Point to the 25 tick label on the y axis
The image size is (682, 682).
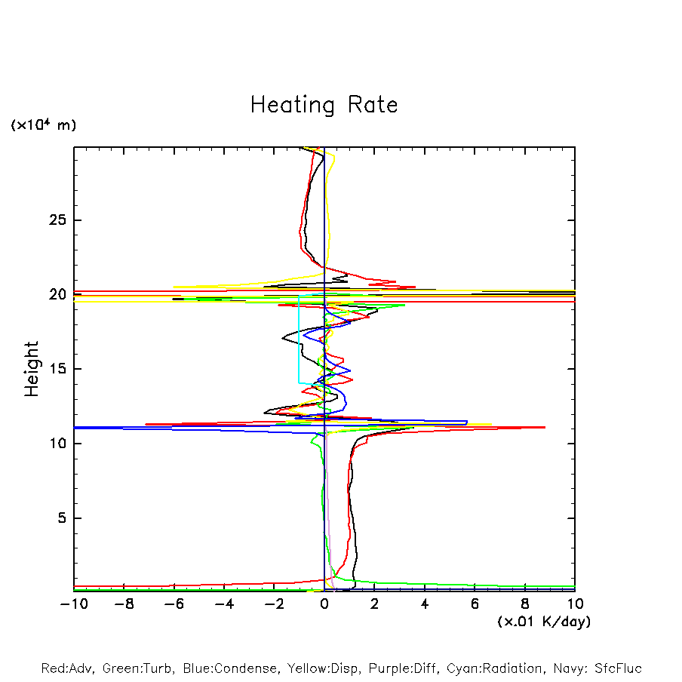tap(51, 220)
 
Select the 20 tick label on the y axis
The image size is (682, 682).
tap(51, 295)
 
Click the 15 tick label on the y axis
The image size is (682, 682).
tap(51, 369)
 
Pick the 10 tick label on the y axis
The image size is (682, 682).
tap(51, 444)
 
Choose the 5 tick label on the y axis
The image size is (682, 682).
tap(55, 518)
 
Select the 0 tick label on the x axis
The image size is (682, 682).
tap(324, 604)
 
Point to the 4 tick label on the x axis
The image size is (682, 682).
tap(425, 604)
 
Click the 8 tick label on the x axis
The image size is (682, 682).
tap(525, 604)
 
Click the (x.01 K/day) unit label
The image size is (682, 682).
tap(543, 622)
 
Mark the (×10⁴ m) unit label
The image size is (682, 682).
tap(43, 125)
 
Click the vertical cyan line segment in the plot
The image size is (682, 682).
tap(300, 339)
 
